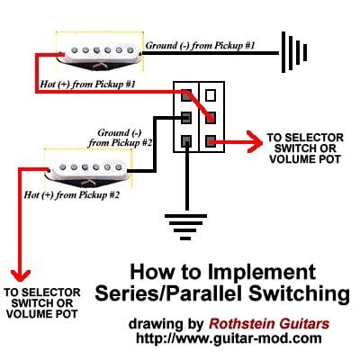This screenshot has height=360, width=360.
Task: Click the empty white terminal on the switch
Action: [211, 95]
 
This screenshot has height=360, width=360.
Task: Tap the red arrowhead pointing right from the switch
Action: [255, 141]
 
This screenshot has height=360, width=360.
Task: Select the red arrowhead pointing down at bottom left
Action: [21, 275]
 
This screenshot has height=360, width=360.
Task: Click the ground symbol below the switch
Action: [185, 227]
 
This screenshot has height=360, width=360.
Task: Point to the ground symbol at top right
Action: [294, 52]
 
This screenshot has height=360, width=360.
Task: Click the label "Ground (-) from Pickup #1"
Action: [200, 46]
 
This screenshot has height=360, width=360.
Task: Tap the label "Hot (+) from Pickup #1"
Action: [87, 84]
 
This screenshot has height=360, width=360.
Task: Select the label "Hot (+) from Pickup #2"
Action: [72, 195]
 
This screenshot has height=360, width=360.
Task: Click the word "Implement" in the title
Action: [262, 273]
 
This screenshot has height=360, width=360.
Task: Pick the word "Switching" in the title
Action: [299, 294]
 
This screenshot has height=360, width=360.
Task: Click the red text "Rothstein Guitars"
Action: [269, 324]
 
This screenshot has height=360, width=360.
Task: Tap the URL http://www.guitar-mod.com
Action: [229, 338]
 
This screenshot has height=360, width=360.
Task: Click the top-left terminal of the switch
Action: [186, 95]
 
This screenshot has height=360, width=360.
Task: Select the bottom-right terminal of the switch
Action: [211, 140]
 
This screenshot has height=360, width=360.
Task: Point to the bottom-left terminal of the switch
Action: [186, 140]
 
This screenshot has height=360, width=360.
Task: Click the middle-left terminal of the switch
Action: [186, 118]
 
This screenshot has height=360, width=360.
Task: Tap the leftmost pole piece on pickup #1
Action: [75, 50]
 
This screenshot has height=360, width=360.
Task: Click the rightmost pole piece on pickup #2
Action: [118, 166]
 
